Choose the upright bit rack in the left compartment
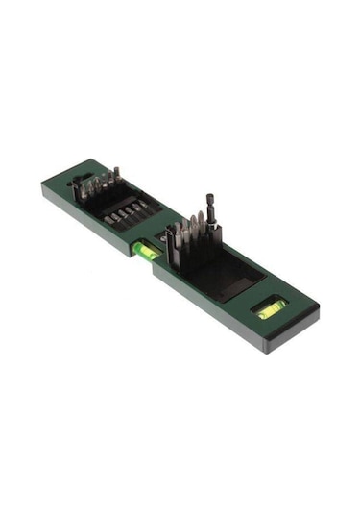[101, 184]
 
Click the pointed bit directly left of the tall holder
[196, 231]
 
